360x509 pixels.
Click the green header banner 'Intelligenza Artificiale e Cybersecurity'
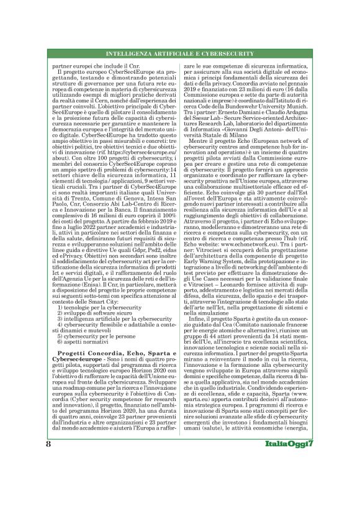coord(180,54)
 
